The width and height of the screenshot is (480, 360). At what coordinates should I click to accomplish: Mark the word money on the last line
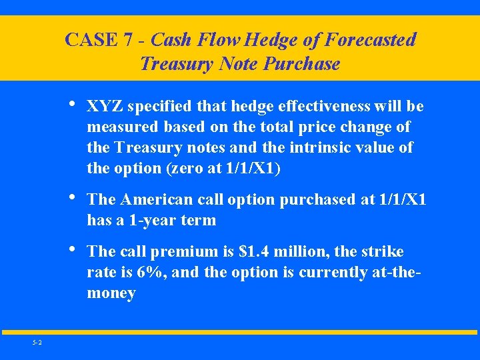pos(111,293)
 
